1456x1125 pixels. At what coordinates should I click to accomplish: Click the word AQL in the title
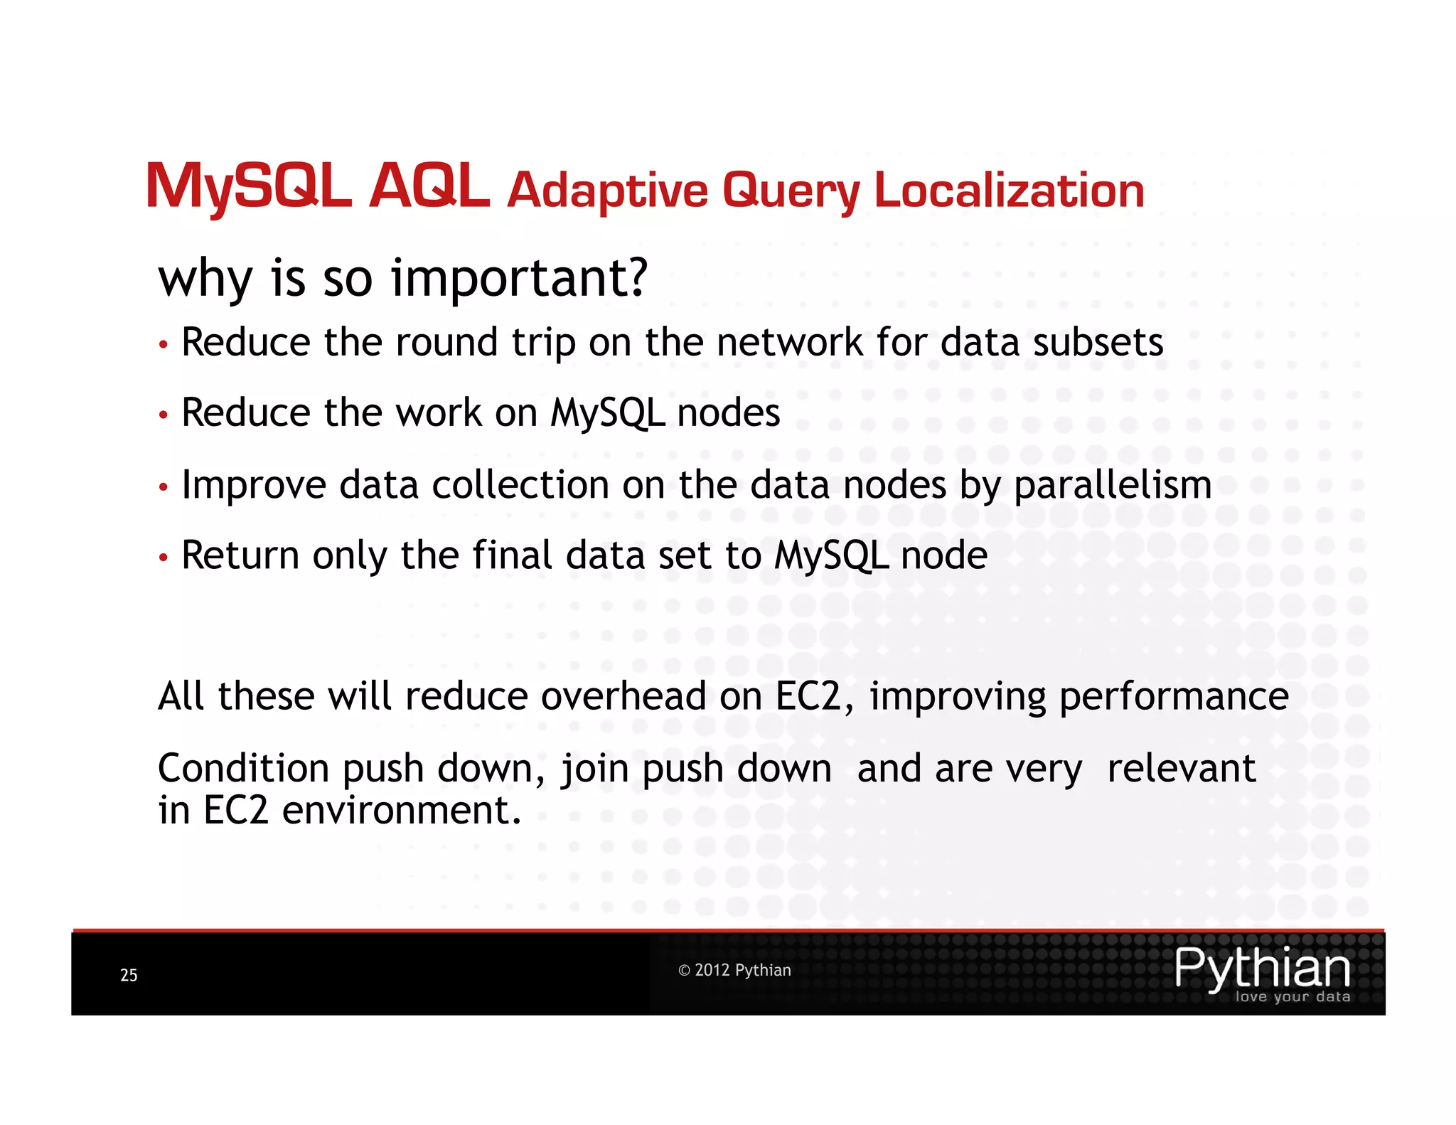tap(429, 186)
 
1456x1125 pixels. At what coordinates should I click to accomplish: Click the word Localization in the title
tap(1009, 191)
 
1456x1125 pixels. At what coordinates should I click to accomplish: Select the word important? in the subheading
tap(520, 277)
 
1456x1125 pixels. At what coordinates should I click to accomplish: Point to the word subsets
tap(1098, 342)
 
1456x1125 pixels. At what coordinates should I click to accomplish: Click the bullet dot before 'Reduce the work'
tap(164, 415)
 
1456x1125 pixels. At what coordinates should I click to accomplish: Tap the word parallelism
tap(1113, 486)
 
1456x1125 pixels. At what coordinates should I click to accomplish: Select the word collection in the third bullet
tap(520, 485)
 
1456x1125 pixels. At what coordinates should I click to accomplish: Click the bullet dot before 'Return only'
tap(164, 557)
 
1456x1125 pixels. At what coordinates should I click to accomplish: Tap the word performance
tap(1173, 697)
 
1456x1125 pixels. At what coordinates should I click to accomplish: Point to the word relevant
tap(1181, 769)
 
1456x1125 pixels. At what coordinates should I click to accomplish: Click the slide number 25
tap(129, 975)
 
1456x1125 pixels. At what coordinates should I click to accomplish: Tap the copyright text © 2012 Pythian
tap(734, 971)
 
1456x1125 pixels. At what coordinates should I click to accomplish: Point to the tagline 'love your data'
tap(1292, 997)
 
